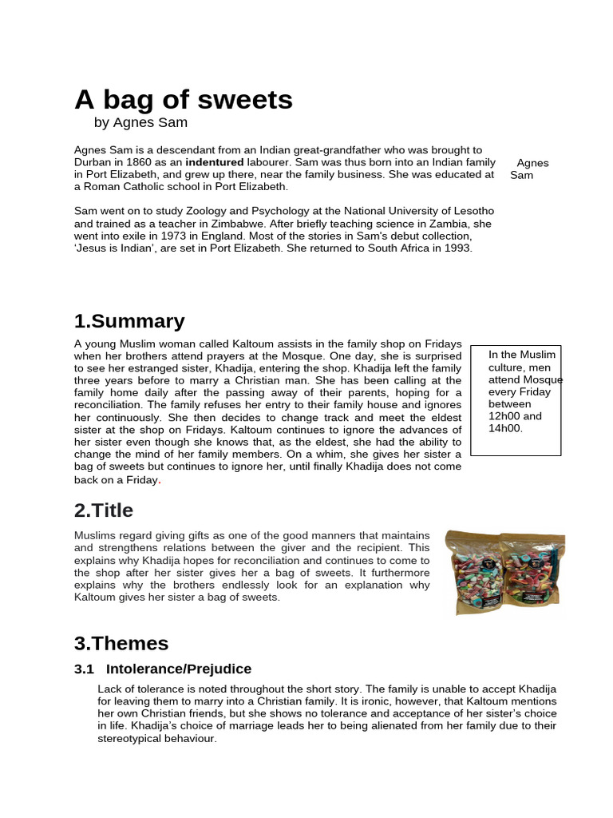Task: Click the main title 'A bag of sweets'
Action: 184,101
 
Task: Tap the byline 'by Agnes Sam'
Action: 140,123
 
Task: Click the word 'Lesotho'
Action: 471,211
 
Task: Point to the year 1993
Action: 456,248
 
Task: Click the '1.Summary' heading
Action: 129,322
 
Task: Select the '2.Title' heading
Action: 104,510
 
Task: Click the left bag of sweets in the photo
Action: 473,571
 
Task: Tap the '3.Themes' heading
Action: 121,644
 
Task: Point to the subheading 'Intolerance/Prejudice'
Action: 179,669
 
